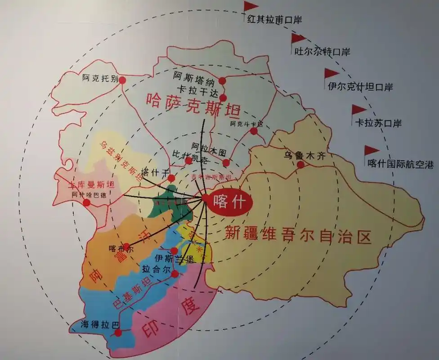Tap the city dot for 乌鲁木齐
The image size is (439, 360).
point(300,165)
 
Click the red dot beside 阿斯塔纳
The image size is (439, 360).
point(222,81)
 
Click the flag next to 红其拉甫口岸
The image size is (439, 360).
point(251,6)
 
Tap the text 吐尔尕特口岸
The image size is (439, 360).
point(322,52)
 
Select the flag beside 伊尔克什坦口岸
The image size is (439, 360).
point(332,73)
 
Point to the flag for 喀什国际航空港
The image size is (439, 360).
point(371,151)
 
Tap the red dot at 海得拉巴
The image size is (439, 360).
point(118,333)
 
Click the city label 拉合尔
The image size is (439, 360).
point(156,270)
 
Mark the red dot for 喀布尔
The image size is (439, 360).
point(126,247)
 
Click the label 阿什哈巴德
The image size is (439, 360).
point(88,195)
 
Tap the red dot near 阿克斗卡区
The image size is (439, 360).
point(254,131)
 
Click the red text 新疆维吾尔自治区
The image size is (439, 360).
point(298,234)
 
